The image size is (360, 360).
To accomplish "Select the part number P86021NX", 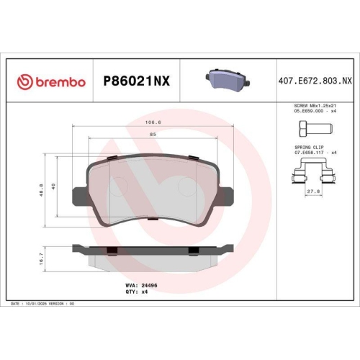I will pos(137,81).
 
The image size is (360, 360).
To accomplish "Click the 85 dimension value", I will pos(153,135).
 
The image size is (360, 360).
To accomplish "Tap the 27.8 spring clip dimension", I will pos(314,192).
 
